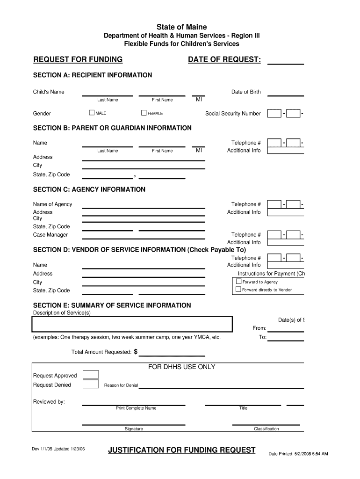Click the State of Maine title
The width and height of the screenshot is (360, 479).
click(x=181, y=27)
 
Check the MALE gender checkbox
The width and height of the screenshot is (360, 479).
click(x=92, y=113)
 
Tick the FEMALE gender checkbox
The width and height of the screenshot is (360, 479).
click(x=144, y=113)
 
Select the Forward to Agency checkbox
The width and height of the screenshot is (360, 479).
click(x=238, y=282)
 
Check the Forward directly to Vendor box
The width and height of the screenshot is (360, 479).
click(x=238, y=290)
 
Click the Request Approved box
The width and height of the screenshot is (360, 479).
click(x=91, y=374)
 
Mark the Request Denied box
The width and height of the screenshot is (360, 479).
click(x=91, y=385)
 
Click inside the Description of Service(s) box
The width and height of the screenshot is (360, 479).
click(x=132, y=324)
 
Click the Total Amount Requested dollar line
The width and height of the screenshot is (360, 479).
click(x=172, y=354)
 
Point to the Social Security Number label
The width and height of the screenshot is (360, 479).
click(x=233, y=114)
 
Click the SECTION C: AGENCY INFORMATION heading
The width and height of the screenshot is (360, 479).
click(x=89, y=189)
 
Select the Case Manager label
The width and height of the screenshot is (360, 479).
click(x=50, y=235)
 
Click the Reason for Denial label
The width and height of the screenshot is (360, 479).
click(x=121, y=385)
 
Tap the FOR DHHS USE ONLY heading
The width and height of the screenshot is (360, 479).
click(x=181, y=367)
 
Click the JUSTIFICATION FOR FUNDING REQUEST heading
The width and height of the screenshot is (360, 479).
click(x=181, y=450)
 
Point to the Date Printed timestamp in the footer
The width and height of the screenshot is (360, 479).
click(x=298, y=454)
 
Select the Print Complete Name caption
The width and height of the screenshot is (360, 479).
click(x=136, y=408)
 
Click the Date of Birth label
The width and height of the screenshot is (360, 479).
click(x=246, y=92)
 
